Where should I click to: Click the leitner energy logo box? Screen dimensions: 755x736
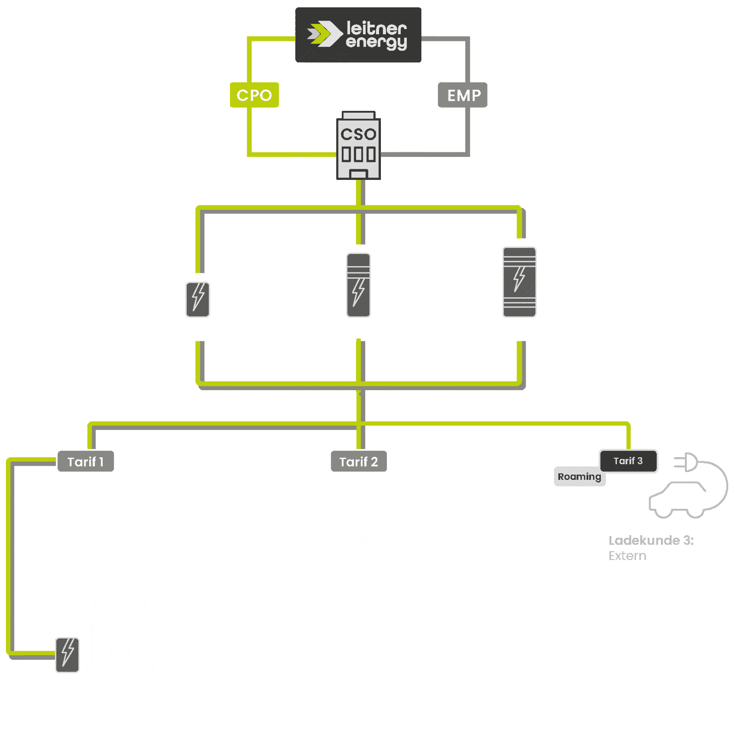(x=358, y=35)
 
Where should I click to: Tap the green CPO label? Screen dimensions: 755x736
(x=254, y=95)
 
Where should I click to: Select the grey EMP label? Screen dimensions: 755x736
(x=463, y=95)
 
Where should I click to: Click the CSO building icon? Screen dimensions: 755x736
(x=358, y=145)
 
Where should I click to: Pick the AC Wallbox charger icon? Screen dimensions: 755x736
(x=198, y=300)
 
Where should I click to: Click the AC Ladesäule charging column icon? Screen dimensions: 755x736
(x=358, y=285)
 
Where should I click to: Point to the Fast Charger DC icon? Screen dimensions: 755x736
(x=519, y=282)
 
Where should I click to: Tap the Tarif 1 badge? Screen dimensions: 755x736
(x=86, y=461)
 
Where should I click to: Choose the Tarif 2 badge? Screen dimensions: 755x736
(x=358, y=461)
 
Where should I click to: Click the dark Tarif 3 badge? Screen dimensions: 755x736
(x=628, y=461)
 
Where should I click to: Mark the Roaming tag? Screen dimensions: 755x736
(x=580, y=477)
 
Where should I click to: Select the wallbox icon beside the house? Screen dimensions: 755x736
(x=67, y=655)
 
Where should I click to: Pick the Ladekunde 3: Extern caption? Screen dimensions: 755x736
(x=650, y=548)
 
